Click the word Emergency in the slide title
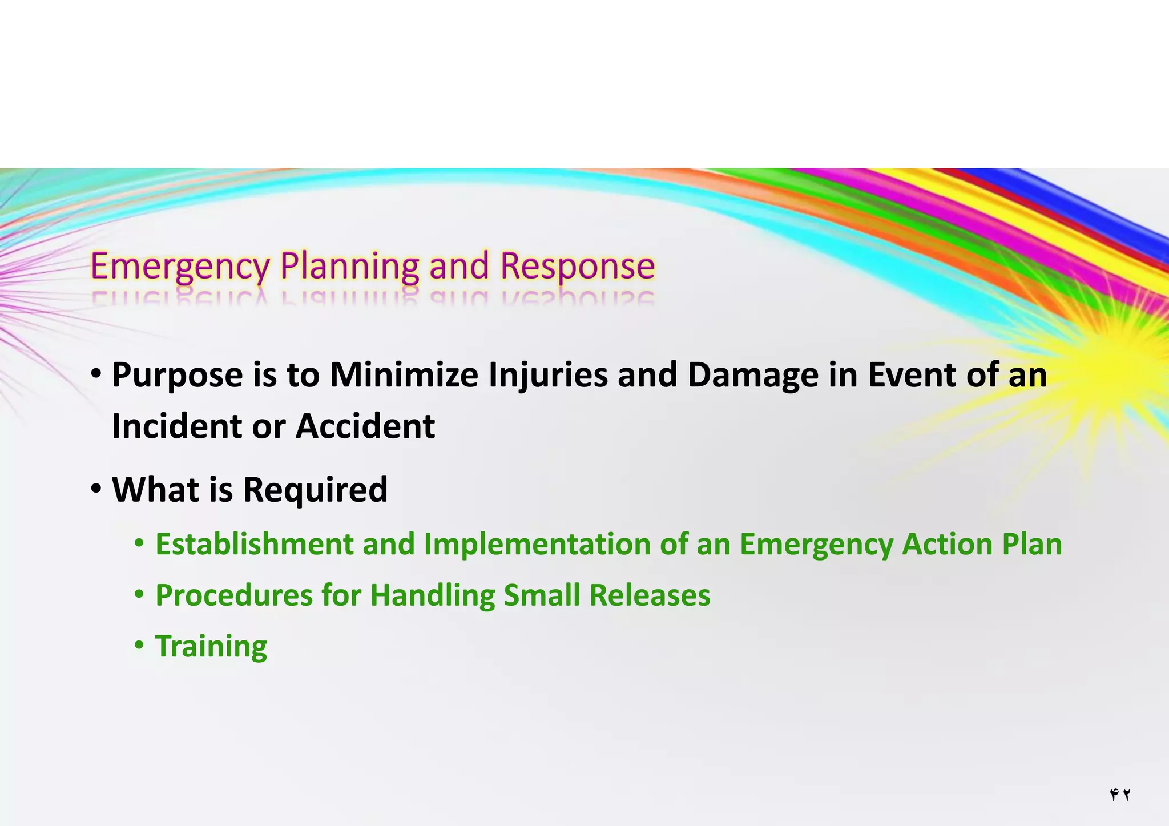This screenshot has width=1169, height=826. (x=180, y=267)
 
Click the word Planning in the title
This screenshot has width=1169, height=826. (x=349, y=267)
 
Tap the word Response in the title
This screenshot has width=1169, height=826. (x=577, y=267)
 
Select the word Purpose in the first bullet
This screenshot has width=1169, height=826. (x=177, y=376)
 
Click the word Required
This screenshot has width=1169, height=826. (x=315, y=490)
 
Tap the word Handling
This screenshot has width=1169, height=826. (x=432, y=595)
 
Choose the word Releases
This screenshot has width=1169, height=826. (x=650, y=595)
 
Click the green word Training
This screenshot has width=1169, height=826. (x=211, y=647)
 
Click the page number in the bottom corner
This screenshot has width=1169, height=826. (x=1120, y=795)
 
